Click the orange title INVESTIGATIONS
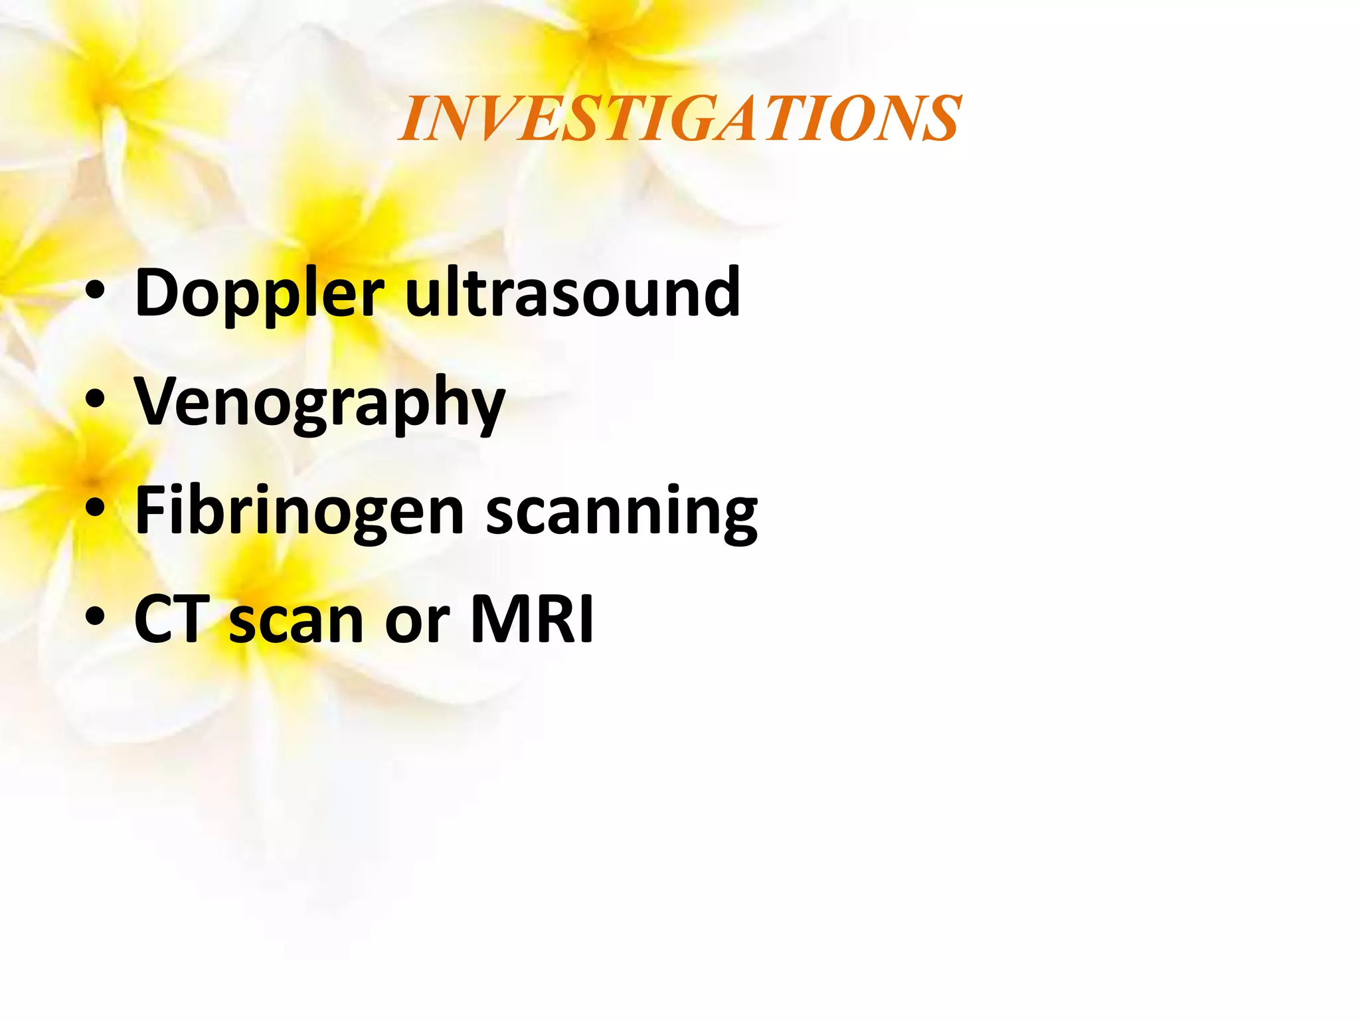pos(679,119)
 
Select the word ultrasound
pos(572,292)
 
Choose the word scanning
pos(622,512)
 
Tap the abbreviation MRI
pos(532,620)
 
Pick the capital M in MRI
pos(502,620)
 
